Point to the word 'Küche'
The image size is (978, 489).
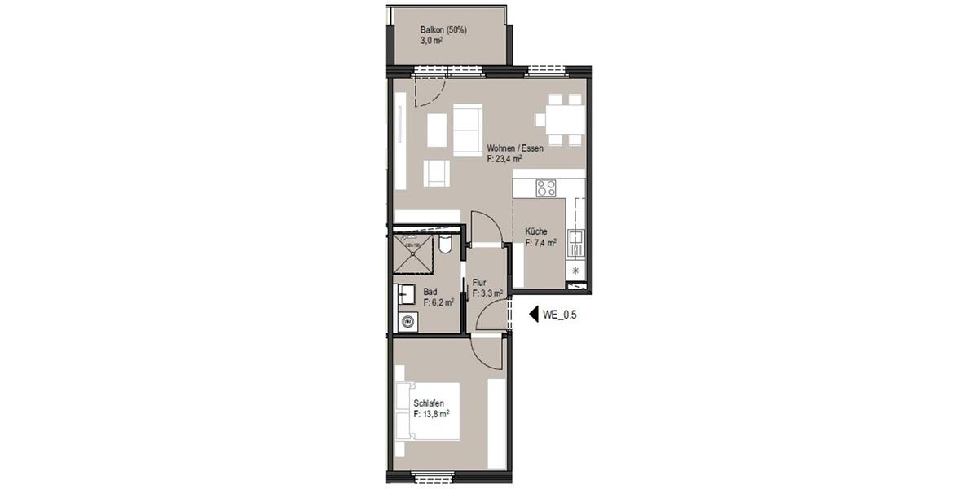coord(535,231)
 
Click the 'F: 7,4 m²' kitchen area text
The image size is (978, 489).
coord(540,243)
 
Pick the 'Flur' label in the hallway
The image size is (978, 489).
coord(479,283)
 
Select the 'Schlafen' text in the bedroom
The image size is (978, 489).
coord(429,403)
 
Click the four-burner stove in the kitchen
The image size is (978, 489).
coord(546,188)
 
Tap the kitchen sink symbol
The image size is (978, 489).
coord(576,241)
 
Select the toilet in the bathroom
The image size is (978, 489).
coord(445,244)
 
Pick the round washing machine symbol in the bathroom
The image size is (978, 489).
coord(407,322)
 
